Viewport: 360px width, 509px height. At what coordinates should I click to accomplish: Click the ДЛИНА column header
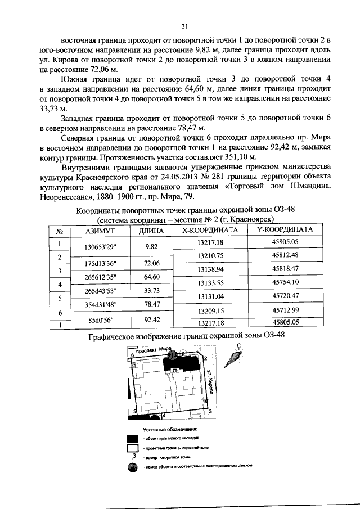click(149, 231)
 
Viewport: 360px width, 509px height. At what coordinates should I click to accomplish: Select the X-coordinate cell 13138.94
click(211, 269)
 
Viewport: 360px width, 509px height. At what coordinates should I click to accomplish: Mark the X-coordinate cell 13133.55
click(211, 282)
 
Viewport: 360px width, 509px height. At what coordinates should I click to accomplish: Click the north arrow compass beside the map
click(236, 357)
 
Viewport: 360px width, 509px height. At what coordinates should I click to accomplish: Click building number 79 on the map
click(175, 370)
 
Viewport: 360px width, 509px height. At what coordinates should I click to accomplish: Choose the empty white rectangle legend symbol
click(133, 448)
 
